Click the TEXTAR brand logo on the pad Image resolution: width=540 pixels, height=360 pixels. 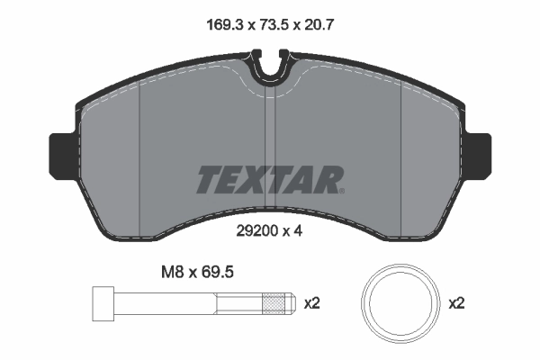(269, 180)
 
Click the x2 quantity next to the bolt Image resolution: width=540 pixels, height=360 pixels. (312, 304)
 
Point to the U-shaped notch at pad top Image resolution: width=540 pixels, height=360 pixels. (270, 68)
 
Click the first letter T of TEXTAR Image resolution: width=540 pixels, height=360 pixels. (208, 180)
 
